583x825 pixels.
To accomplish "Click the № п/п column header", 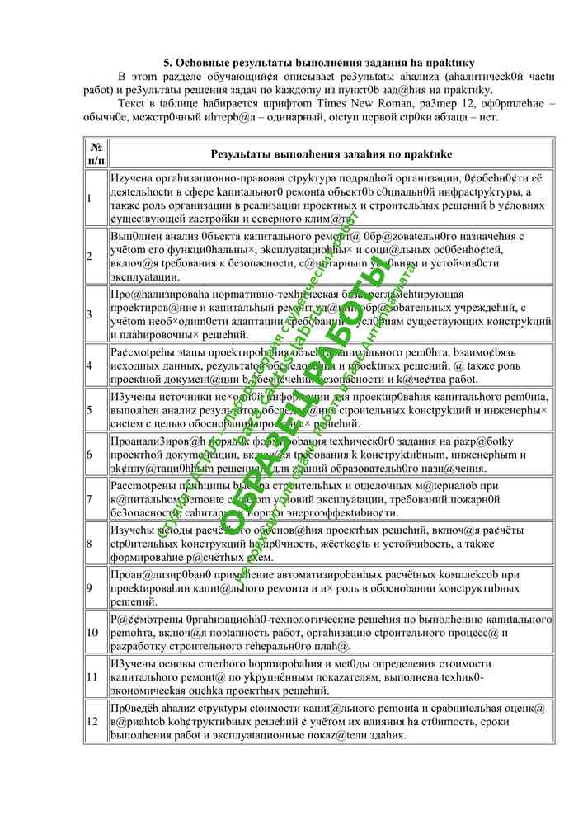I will pos(96,153).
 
